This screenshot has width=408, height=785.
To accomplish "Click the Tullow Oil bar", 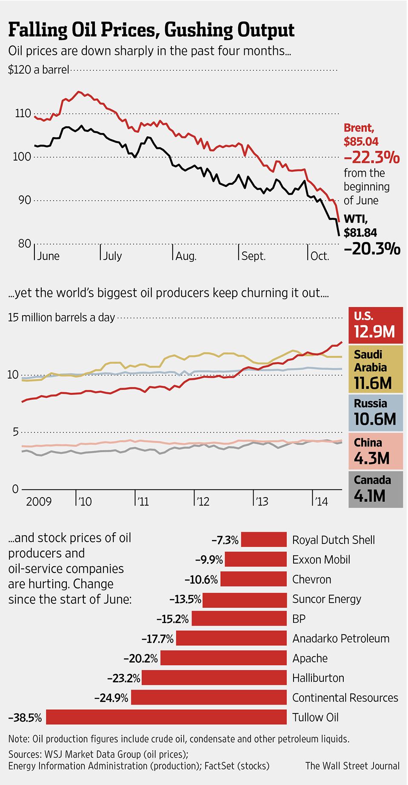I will click(x=166, y=717).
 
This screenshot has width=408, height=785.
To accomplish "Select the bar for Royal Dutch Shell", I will click(x=264, y=539).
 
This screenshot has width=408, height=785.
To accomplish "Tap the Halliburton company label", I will click(x=318, y=678).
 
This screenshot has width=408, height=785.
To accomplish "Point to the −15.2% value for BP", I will click(x=173, y=618).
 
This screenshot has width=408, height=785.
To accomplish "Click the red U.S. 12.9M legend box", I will click(x=375, y=325).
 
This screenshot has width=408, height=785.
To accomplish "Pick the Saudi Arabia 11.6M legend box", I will click(x=375, y=369).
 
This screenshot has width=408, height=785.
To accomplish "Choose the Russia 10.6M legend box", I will click(x=375, y=413).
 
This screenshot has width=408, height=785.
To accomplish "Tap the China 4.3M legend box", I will click(x=375, y=451).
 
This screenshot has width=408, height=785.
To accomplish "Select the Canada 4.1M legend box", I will click(x=375, y=489).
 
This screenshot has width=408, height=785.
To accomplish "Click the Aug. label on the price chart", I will click(x=186, y=256).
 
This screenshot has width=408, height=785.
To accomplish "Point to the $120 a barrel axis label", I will click(x=38, y=69).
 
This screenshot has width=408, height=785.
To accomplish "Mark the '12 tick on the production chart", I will click(x=203, y=501).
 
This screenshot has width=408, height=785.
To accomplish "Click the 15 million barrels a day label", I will click(x=61, y=317).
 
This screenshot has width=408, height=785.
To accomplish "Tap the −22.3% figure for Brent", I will click(x=371, y=158).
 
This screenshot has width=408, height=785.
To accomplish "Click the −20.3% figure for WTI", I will click(x=372, y=248).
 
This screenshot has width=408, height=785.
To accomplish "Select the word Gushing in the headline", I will click(x=199, y=30).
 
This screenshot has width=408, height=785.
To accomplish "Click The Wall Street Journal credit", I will click(x=352, y=766).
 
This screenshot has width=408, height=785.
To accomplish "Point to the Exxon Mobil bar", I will click(x=256, y=559).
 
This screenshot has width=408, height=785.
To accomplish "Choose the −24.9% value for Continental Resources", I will click(x=111, y=698).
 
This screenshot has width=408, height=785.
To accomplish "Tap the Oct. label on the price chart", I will click(x=320, y=256).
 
